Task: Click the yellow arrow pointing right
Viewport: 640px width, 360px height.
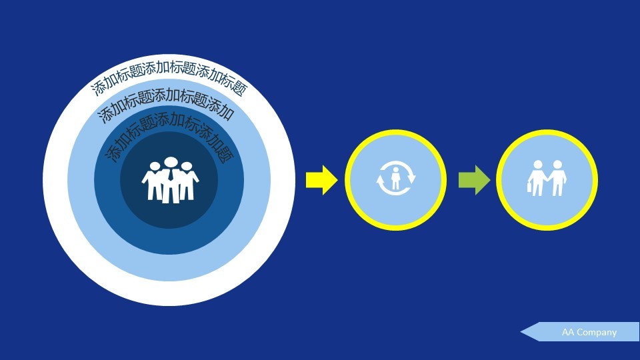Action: click(x=322, y=180)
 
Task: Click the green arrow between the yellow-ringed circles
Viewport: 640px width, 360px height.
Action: click(x=474, y=180)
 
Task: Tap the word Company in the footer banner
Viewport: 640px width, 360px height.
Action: click(x=597, y=332)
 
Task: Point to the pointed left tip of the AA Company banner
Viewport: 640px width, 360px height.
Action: click(x=522, y=331)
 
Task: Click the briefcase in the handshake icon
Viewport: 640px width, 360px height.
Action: click(x=531, y=188)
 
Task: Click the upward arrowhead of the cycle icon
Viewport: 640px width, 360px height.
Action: click(x=380, y=179)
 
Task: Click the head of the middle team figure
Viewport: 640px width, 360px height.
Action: click(x=171, y=163)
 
